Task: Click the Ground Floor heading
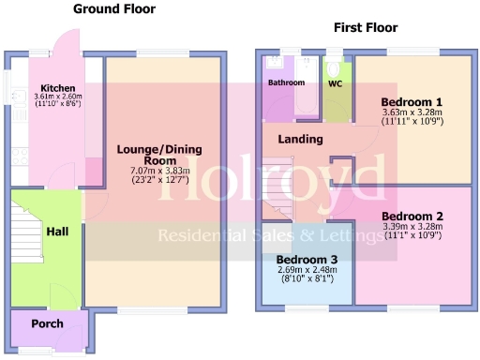(114, 8)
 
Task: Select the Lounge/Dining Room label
(159, 154)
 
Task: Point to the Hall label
(57, 231)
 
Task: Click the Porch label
(47, 323)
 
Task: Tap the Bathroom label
(286, 82)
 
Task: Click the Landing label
(300, 140)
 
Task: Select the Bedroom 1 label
(412, 102)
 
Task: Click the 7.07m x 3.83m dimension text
(159, 171)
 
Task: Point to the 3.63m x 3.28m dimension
(412, 114)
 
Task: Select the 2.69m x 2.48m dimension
(307, 270)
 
